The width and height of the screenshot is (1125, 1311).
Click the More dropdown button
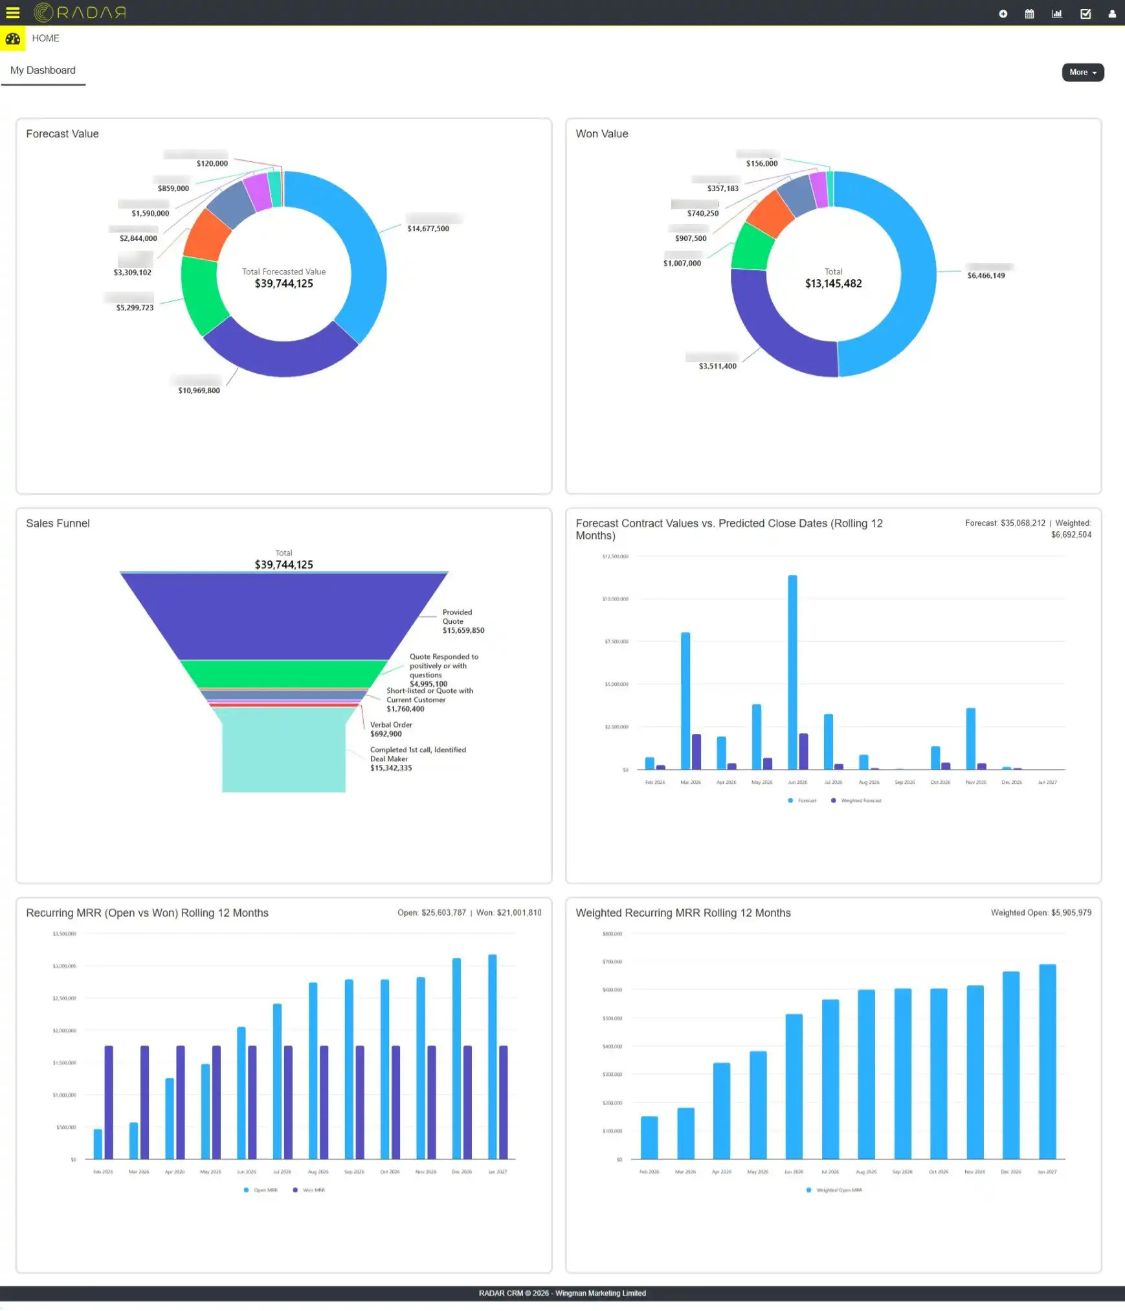point(1082,73)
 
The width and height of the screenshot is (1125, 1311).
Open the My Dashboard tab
point(43,71)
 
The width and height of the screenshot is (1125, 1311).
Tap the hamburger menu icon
point(13,12)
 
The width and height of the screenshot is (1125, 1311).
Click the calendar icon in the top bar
point(1029,14)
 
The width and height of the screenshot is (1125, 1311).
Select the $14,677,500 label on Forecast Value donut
point(428,229)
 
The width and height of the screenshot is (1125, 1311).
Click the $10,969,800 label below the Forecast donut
point(199,391)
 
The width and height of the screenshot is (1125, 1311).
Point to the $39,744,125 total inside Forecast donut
point(284,284)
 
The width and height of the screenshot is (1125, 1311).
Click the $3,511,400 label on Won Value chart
point(717,367)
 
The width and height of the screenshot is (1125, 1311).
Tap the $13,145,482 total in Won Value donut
point(833,284)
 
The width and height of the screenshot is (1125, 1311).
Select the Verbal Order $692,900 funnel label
point(391,729)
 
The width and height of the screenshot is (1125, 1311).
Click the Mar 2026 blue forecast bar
point(685,700)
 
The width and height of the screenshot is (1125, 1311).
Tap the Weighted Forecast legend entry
point(860,801)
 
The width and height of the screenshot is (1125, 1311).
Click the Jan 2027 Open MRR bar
point(492,1056)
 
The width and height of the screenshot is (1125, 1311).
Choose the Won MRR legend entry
point(313,1191)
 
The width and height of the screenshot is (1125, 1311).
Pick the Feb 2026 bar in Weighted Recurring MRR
point(649,1137)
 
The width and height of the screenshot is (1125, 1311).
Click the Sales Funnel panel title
point(58,523)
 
